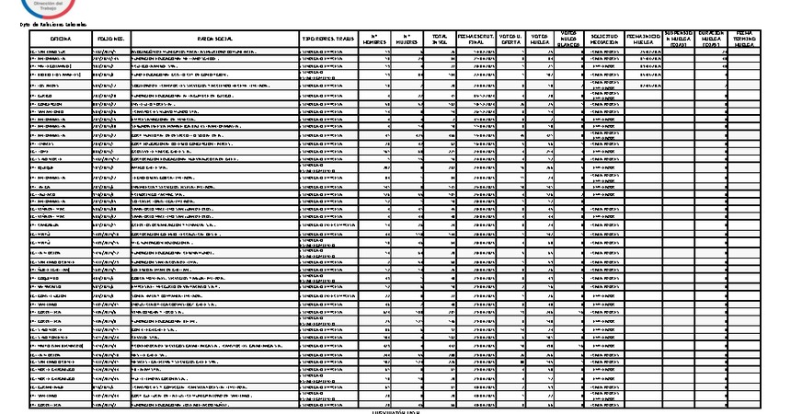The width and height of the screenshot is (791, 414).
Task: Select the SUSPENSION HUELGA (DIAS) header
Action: point(680,38)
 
